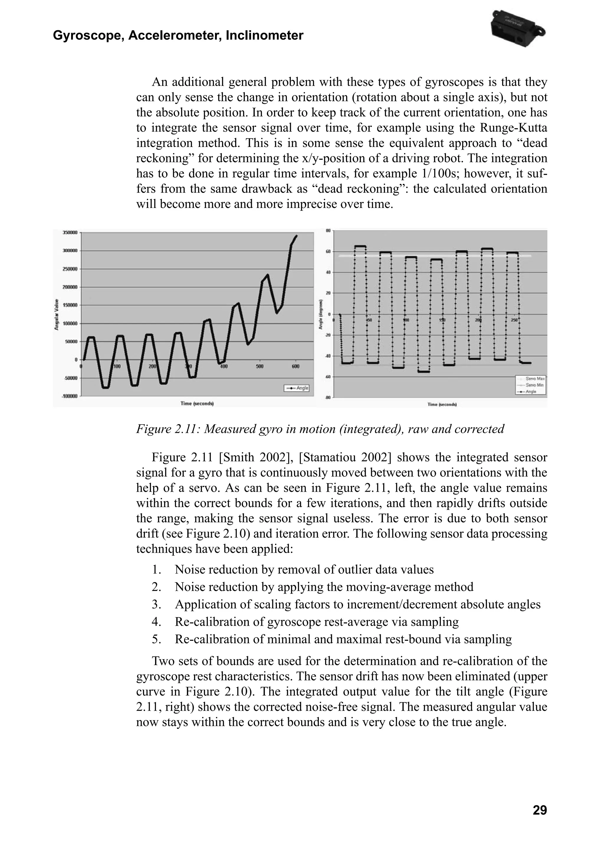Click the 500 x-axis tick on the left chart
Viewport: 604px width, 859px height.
click(260, 366)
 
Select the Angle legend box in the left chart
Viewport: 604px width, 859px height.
click(297, 388)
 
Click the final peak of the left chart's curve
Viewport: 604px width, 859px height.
click(296, 236)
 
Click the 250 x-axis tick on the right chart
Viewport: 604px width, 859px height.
click(514, 320)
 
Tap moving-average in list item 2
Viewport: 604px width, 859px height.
click(389, 587)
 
